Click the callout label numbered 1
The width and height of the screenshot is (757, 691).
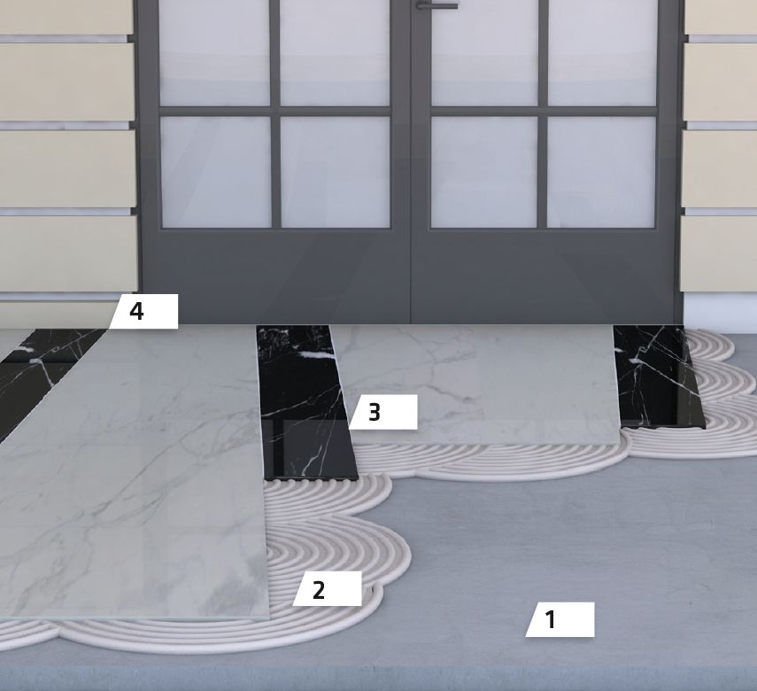[x=560, y=619]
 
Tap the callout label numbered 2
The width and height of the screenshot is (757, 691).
[x=328, y=588]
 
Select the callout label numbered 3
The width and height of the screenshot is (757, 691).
[x=382, y=412]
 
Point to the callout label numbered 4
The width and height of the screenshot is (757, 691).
[x=143, y=312]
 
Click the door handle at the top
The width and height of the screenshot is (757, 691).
[x=436, y=5]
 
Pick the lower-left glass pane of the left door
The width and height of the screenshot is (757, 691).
[x=216, y=172]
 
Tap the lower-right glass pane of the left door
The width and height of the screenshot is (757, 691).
[x=335, y=172]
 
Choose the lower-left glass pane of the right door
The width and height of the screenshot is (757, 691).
[x=483, y=172]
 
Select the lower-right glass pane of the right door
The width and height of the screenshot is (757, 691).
[x=601, y=172]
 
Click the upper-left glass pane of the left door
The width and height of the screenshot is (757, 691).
[x=214, y=52]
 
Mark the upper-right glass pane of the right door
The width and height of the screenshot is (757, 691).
[x=603, y=52]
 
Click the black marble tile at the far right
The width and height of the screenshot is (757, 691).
[x=658, y=376]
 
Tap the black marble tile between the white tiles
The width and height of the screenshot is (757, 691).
[x=307, y=402]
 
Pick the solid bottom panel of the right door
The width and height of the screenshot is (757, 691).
[x=543, y=276]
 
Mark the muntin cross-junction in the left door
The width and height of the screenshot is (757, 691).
[x=275, y=111]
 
